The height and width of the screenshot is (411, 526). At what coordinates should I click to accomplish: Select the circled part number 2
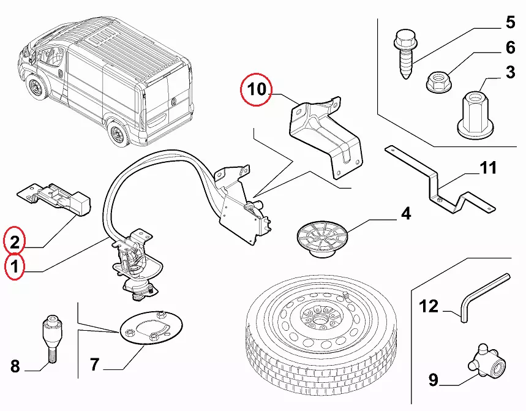click(x=15, y=241)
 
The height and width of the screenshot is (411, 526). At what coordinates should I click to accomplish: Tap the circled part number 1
click(x=15, y=266)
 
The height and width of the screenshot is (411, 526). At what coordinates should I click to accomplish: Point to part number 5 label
click(x=509, y=23)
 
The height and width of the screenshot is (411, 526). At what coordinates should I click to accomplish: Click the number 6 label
click(x=509, y=48)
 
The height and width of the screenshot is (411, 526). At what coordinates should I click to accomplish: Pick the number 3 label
click(x=509, y=73)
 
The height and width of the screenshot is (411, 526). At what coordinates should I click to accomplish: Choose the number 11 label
click(x=488, y=168)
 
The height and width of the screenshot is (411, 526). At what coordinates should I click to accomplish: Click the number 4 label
click(x=405, y=214)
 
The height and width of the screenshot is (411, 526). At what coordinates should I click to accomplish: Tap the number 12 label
click(x=429, y=306)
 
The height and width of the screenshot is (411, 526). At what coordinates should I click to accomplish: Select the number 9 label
click(x=433, y=380)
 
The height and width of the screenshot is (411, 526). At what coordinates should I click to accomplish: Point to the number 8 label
click(x=15, y=367)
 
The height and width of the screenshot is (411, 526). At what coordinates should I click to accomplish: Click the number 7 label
click(x=94, y=365)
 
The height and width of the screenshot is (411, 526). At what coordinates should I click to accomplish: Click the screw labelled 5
click(x=405, y=55)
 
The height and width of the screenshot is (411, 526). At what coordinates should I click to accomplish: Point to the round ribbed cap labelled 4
click(x=321, y=239)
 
